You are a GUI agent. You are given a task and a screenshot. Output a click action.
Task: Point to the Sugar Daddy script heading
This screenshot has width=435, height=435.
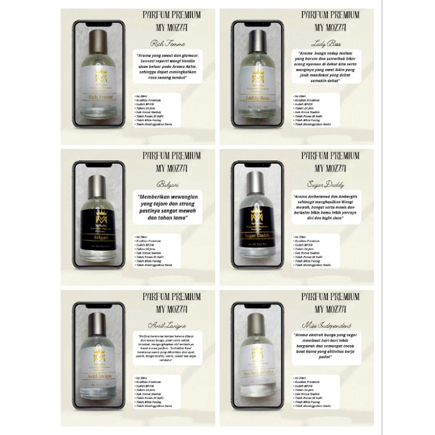coord(326,181)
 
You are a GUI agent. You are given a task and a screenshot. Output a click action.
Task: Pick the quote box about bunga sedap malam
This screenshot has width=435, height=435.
coord(326,67)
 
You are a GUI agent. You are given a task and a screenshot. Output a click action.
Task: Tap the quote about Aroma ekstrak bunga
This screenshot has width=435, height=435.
coord(326,348)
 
